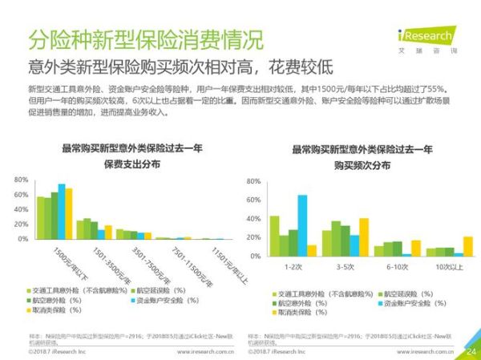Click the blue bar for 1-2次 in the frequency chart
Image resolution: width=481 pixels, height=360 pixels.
302,225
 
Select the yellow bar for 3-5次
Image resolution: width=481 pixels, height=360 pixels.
364,237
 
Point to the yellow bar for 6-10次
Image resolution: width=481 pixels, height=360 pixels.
416,248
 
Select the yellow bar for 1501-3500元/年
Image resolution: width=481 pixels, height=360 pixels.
108,233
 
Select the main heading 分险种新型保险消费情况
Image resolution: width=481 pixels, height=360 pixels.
145,38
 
